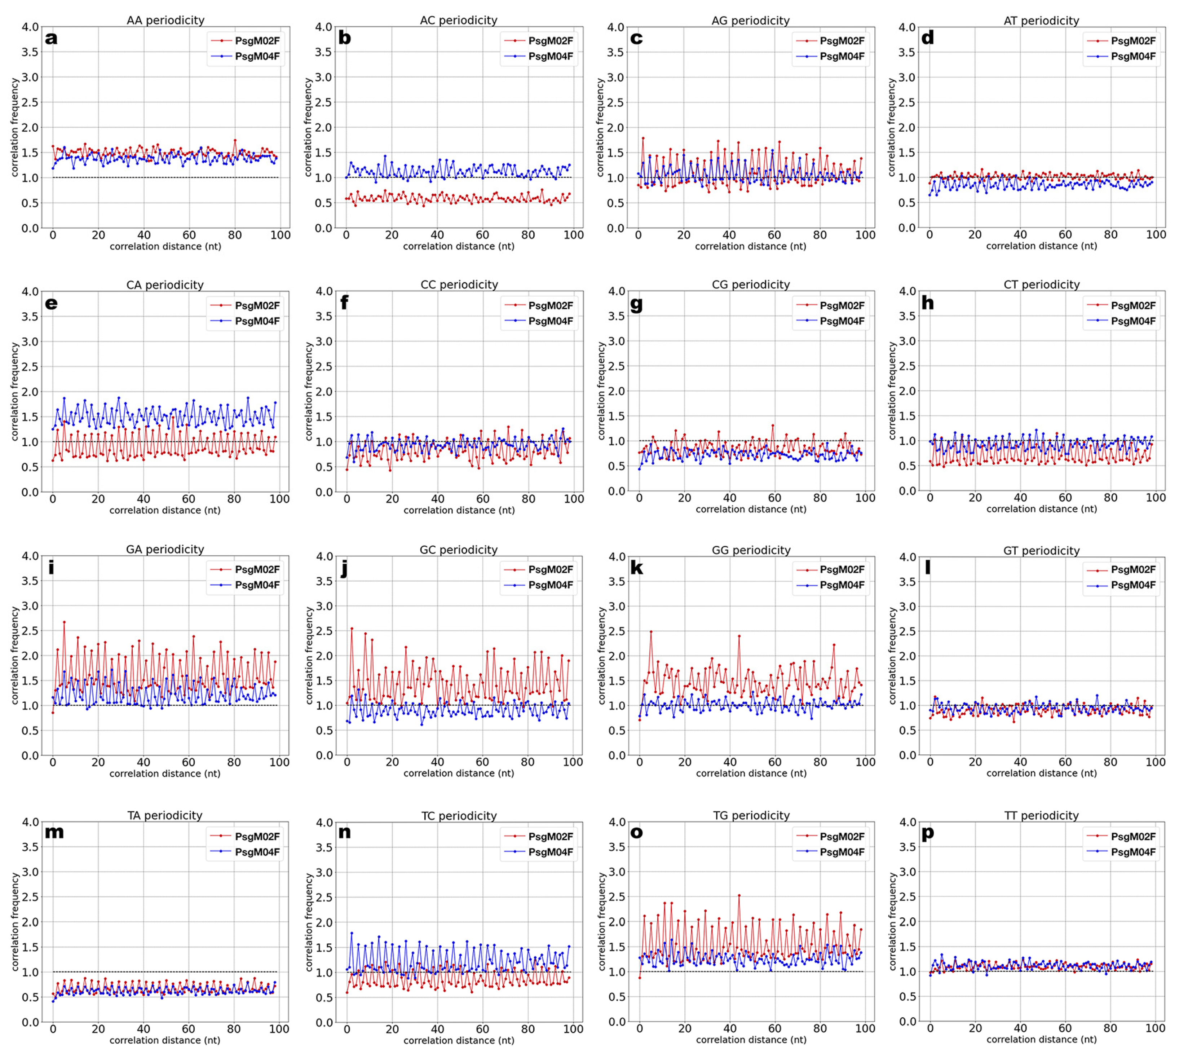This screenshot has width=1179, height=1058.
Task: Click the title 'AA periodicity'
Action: tap(166, 20)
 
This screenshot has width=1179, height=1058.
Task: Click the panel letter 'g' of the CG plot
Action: tap(637, 304)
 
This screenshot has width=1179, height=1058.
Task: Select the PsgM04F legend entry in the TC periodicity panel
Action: tap(550, 852)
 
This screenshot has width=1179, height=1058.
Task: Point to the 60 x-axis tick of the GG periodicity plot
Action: tap(775, 762)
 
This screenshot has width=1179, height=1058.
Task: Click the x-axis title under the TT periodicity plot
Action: tap(1041, 1039)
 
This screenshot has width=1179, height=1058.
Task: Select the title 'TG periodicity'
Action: tap(751, 816)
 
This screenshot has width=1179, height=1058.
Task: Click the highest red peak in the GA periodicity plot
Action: tap(64, 622)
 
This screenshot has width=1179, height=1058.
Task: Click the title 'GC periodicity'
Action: tap(458, 550)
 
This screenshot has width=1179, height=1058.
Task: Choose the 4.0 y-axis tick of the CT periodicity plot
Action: tap(906, 291)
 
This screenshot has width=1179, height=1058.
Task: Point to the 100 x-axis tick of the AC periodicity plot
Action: tap(573, 235)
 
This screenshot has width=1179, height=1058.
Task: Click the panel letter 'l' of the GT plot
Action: tap(927, 567)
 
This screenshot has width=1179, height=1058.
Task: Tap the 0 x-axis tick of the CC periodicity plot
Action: tap(347, 499)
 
